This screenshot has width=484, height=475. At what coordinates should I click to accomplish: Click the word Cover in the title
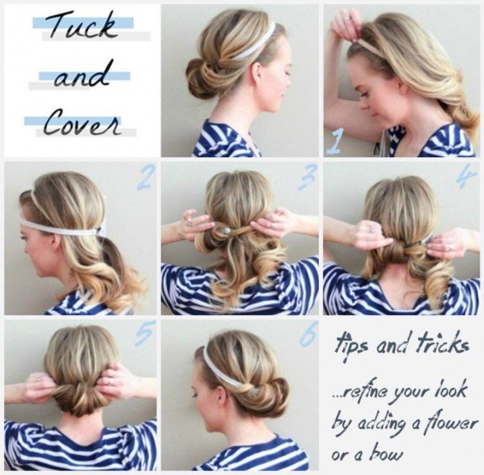pyautogui.click(x=82, y=123)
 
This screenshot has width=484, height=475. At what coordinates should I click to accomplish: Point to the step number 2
pyautogui.click(x=144, y=177)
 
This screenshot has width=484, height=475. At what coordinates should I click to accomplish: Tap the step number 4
pyautogui.click(x=466, y=175)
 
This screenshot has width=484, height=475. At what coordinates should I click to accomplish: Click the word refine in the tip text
pyautogui.click(x=359, y=393)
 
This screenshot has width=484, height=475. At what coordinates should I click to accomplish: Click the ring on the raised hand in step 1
pyautogui.click(x=349, y=19)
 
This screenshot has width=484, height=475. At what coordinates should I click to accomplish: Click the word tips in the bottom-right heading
pyautogui.click(x=351, y=345)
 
